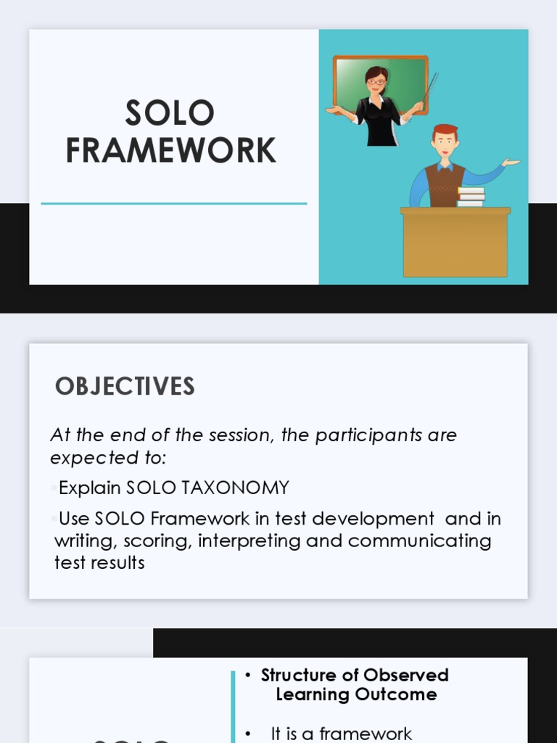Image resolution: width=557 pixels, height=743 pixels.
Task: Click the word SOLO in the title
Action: point(170,113)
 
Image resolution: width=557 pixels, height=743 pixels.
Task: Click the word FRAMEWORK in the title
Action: point(170,150)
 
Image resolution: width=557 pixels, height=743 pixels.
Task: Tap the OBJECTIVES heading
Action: point(125,386)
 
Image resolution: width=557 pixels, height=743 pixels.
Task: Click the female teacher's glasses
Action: point(376,81)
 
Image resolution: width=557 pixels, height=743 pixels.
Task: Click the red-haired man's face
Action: point(445,143)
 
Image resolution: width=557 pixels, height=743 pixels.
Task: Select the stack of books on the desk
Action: point(471,197)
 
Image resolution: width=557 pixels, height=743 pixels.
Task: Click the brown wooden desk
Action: point(455,243)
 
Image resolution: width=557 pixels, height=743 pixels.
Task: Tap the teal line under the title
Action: point(174,204)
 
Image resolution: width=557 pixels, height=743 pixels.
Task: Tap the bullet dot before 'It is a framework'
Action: point(248,734)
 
